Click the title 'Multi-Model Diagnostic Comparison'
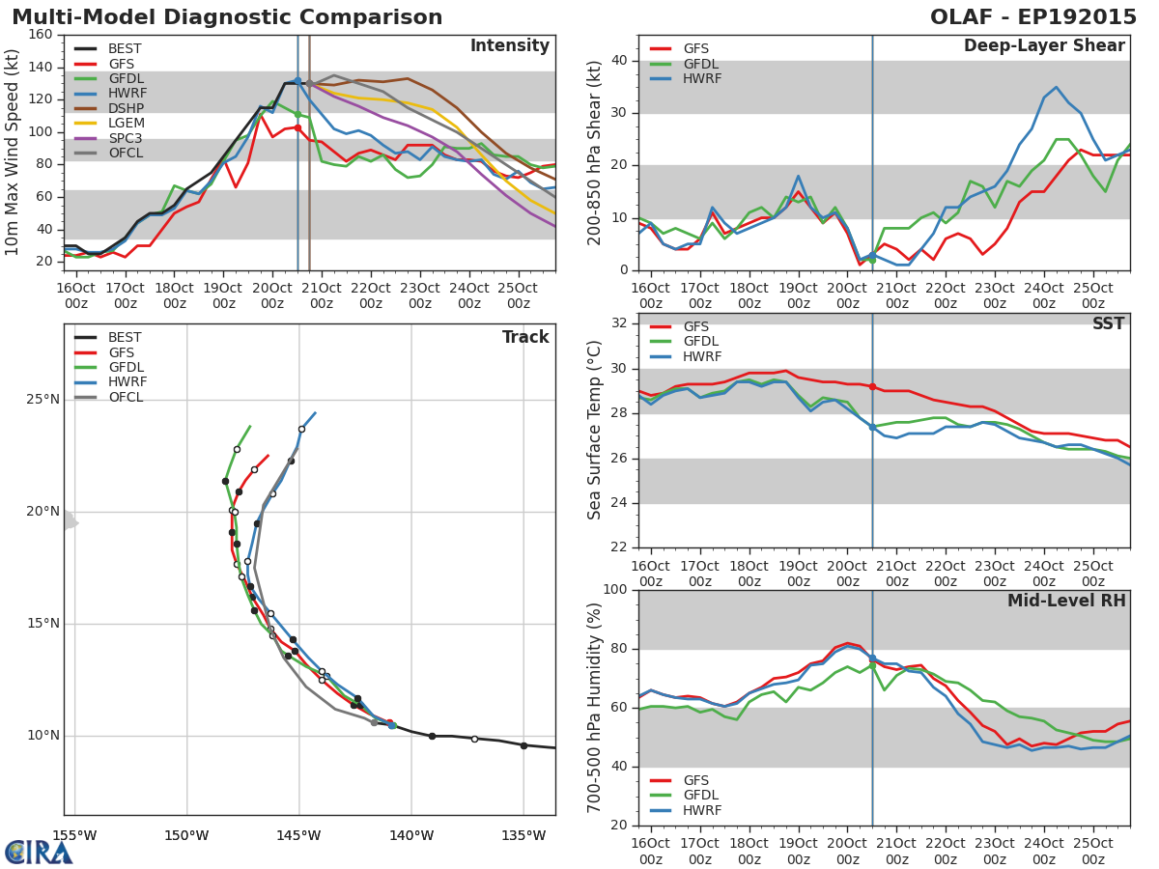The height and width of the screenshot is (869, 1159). (x=227, y=17)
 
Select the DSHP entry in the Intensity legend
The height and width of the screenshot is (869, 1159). (x=125, y=109)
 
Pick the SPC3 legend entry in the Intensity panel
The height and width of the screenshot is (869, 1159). (x=125, y=139)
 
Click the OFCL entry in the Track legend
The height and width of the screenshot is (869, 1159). (x=125, y=398)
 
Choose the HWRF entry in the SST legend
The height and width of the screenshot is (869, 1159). (x=701, y=357)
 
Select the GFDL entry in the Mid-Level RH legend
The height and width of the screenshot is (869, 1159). (x=701, y=796)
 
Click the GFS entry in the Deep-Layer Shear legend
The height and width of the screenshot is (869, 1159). (x=695, y=49)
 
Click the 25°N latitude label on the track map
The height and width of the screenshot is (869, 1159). (x=43, y=400)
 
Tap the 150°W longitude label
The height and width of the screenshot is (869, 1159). (x=186, y=836)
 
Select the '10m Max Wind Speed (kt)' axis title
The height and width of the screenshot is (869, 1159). (x=13, y=152)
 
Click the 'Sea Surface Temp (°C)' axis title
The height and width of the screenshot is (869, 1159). (x=595, y=430)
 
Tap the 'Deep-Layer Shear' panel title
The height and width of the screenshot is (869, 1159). (x=1043, y=46)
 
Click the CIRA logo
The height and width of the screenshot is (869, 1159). (x=39, y=853)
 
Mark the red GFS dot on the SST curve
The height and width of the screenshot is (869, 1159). (x=872, y=386)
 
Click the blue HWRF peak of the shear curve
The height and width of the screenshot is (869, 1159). (x=1056, y=87)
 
